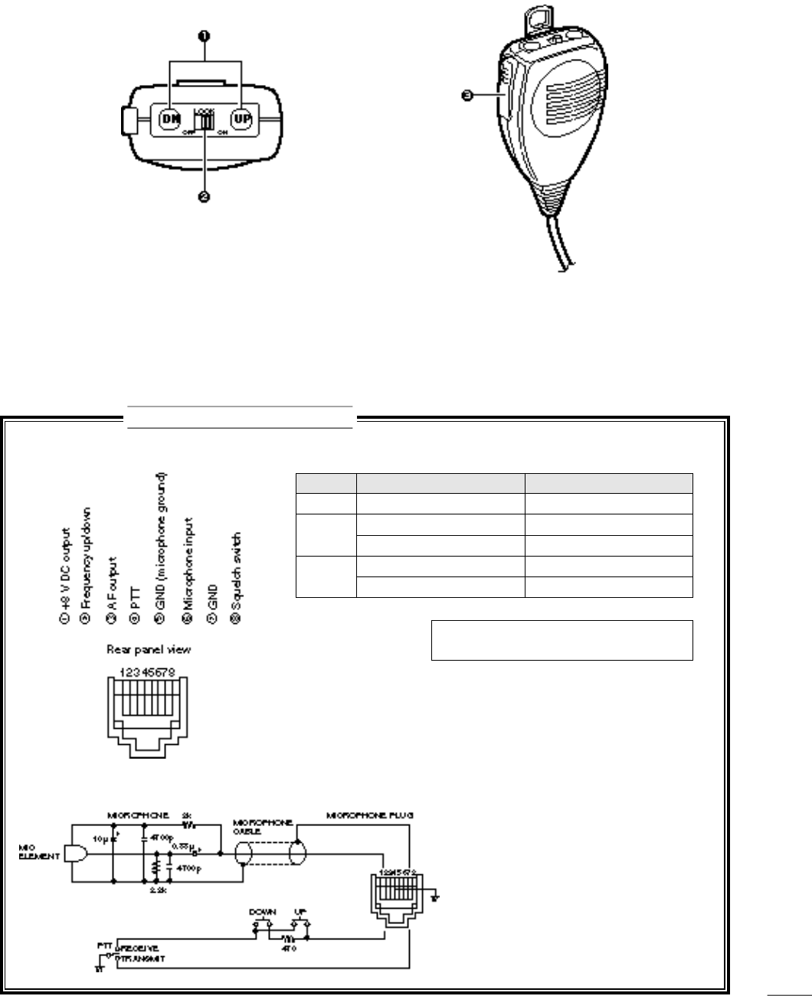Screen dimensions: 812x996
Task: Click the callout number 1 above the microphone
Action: point(205,35)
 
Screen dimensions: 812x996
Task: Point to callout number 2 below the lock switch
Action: point(205,197)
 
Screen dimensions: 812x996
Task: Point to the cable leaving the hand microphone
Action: point(558,245)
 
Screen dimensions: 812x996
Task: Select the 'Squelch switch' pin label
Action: point(236,576)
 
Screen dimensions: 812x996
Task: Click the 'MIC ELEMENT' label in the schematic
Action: point(38,851)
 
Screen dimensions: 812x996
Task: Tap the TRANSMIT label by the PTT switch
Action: point(139,958)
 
